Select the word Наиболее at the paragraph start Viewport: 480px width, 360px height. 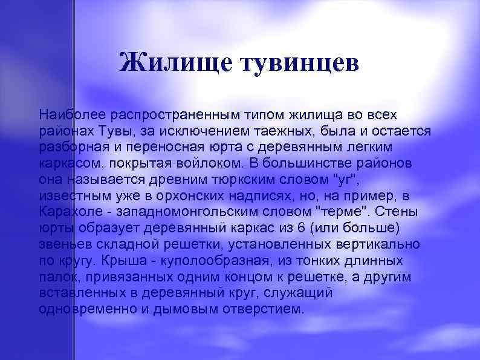(x=66, y=113)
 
